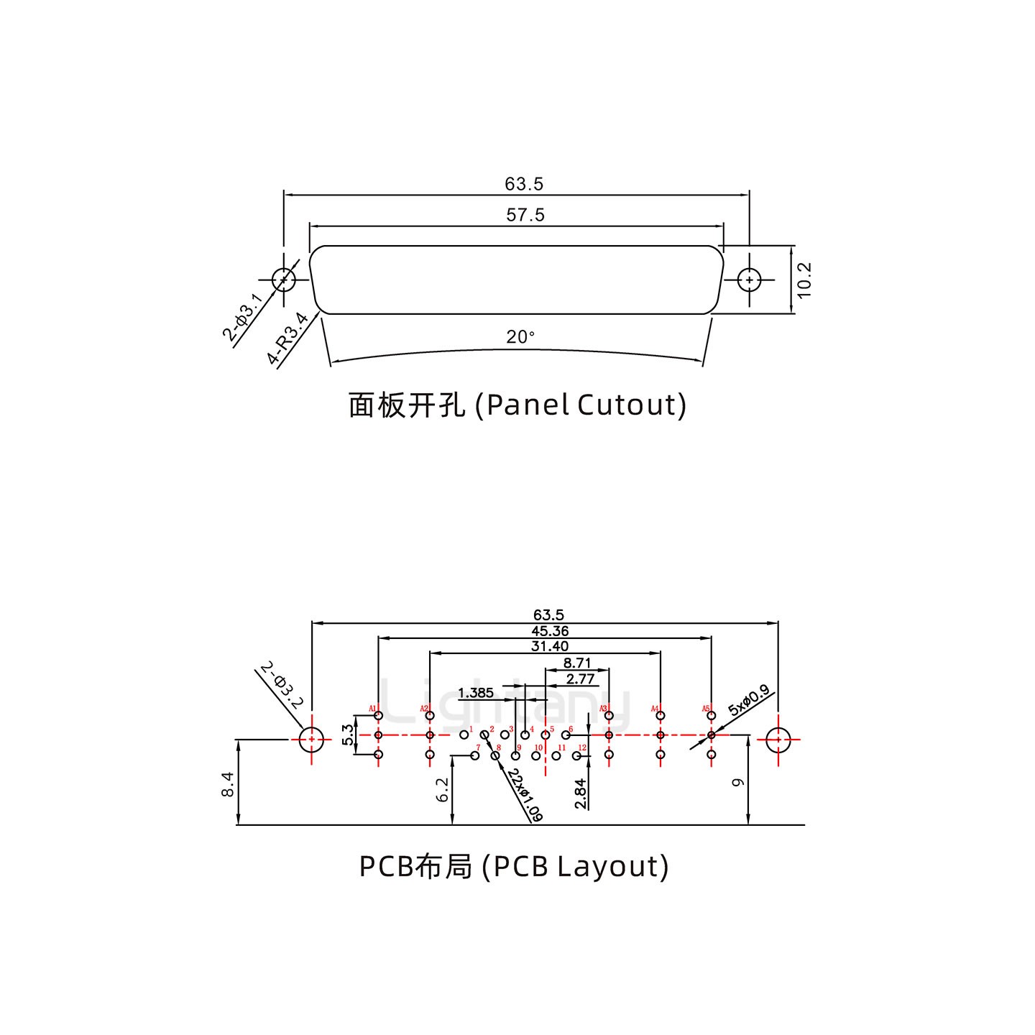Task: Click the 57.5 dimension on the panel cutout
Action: pyautogui.click(x=525, y=215)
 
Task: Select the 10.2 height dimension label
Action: pyautogui.click(x=804, y=280)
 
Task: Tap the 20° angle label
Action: pyautogui.click(x=520, y=337)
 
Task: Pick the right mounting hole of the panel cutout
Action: pyautogui.click(x=750, y=280)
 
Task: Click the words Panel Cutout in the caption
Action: pyautogui.click(x=586, y=405)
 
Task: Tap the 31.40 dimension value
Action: pyautogui.click(x=550, y=647)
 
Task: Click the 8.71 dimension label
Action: pyautogui.click(x=577, y=663)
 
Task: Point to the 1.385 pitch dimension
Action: pyautogui.click(x=476, y=693)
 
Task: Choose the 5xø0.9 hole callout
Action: pyautogui.click(x=748, y=700)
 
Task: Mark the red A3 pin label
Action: pyautogui.click(x=604, y=709)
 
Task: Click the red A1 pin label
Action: pyautogui.click(x=373, y=709)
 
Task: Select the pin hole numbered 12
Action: pyautogui.click(x=576, y=755)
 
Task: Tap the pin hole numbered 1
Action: pyautogui.click(x=464, y=735)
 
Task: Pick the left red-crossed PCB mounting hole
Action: pyautogui.click(x=311, y=739)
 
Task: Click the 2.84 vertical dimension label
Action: pyautogui.click(x=581, y=793)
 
